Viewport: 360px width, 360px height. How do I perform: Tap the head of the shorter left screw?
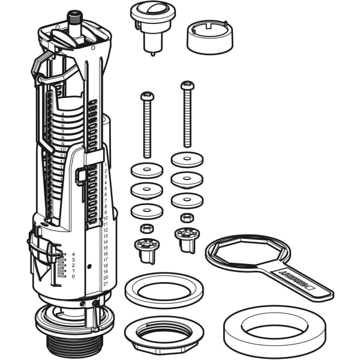click(x=147, y=96)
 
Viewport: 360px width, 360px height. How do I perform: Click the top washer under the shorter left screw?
click(x=147, y=170)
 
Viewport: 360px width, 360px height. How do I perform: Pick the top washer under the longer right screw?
click(x=187, y=160)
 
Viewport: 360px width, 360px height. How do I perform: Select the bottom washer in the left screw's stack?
click(x=147, y=211)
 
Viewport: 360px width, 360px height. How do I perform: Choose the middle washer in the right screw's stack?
click(x=187, y=179)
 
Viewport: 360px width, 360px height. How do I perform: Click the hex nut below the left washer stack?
click(x=146, y=228)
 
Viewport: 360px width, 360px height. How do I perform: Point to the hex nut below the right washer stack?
click(x=187, y=217)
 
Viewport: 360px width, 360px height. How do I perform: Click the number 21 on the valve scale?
click(x=106, y=283)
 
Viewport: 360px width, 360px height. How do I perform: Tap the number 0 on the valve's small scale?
click(x=74, y=276)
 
